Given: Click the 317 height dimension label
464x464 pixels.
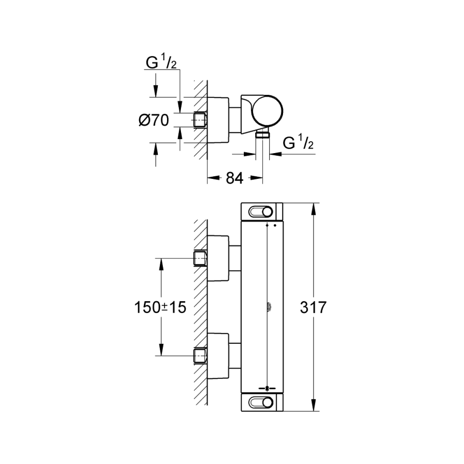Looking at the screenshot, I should click(313, 308).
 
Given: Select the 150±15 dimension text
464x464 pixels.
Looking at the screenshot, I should click(159, 308).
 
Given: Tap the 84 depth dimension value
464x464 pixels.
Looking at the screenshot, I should click(235, 178).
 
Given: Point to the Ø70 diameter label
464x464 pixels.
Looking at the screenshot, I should click(154, 121).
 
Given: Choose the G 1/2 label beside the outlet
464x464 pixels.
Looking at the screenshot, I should click(299, 142).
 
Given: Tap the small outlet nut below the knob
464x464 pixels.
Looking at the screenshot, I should click(263, 135).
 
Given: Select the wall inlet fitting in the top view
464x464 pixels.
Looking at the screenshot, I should click(200, 120).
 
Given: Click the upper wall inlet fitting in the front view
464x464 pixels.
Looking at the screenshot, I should click(200, 258).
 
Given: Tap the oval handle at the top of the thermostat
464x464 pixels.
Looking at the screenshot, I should click(261, 211).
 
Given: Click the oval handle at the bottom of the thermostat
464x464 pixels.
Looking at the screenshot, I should click(261, 402).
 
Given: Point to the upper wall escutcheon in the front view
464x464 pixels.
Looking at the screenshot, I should click(218, 258).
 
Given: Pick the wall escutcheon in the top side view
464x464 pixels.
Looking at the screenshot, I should click(218, 120).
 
